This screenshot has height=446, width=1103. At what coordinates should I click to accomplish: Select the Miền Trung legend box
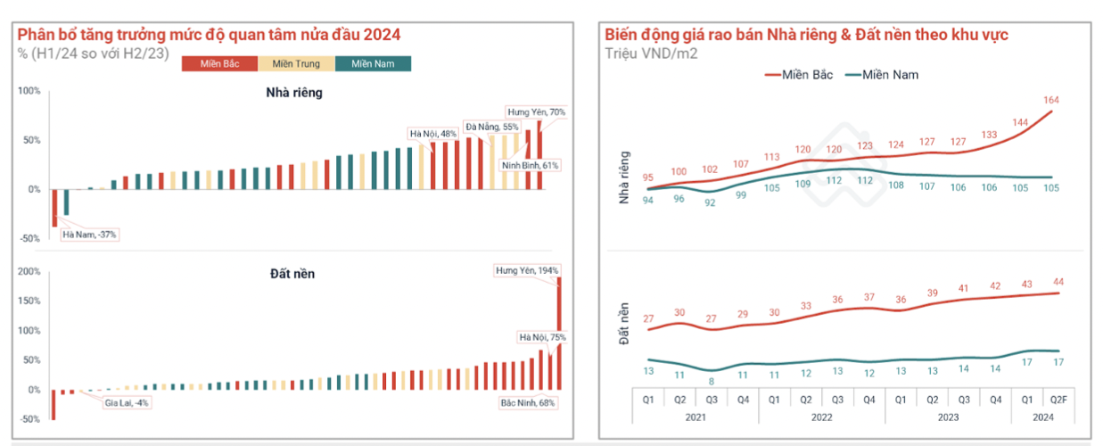tap(296, 63)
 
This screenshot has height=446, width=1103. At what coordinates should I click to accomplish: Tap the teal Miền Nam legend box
tap(373, 63)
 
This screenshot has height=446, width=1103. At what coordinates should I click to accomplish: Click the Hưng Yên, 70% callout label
tap(536, 112)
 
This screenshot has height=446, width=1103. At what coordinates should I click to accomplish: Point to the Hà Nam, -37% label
tap(89, 235)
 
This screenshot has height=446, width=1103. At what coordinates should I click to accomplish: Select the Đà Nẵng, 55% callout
tap(492, 128)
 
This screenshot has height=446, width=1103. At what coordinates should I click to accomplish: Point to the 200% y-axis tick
tap(29, 271)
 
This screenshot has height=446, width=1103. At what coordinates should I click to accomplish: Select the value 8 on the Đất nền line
tap(712, 381)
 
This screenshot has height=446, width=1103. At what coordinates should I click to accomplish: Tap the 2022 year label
tap(820, 416)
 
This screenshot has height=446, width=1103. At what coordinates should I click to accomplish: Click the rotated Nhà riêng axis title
tap(625, 177)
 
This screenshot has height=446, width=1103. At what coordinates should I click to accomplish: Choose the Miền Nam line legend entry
tap(883, 75)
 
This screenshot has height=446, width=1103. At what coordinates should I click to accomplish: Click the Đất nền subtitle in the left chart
tap(293, 273)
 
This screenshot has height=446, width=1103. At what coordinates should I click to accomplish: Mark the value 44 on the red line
tap(1058, 282)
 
